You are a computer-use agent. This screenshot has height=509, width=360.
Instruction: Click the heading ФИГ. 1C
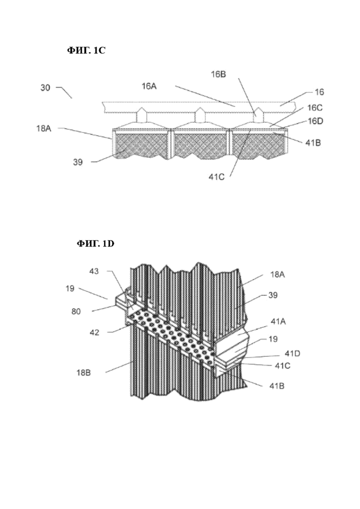pyautogui.click(x=86, y=50)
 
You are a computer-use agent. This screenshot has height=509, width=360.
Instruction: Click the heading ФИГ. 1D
pyautogui.click(x=96, y=243)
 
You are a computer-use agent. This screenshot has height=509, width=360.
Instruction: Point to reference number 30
pyautogui.click(x=45, y=88)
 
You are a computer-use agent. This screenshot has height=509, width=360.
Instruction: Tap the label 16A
pyautogui.click(x=149, y=86)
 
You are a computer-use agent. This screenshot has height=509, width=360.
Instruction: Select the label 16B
pyautogui.click(x=218, y=74)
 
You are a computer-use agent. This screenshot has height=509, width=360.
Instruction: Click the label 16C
pyautogui.click(x=315, y=108)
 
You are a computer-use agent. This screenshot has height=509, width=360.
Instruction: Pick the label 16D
pyautogui.click(x=316, y=121)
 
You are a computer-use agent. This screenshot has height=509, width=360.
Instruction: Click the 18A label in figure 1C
pyautogui.click(x=43, y=129)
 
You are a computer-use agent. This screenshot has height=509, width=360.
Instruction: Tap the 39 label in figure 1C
pyautogui.click(x=78, y=162)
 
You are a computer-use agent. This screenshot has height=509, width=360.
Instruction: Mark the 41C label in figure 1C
pyautogui.click(x=216, y=177)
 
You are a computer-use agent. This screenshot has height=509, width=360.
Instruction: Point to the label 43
pyautogui.click(x=94, y=271)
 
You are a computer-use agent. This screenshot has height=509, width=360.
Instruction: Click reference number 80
pyautogui.click(x=76, y=311)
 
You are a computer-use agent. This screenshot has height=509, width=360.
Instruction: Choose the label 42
pyautogui.click(x=95, y=332)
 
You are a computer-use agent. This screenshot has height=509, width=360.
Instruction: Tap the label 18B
pyautogui.click(x=84, y=373)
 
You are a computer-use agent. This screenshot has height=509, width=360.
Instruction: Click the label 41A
pyautogui.click(x=278, y=322)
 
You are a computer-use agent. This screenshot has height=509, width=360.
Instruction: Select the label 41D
pyautogui.click(x=293, y=353)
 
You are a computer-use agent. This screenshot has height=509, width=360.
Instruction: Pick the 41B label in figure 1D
pyautogui.click(x=277, y=386)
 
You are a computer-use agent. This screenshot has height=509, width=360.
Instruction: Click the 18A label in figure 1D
pyautogui.click(x=277, y=275)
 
